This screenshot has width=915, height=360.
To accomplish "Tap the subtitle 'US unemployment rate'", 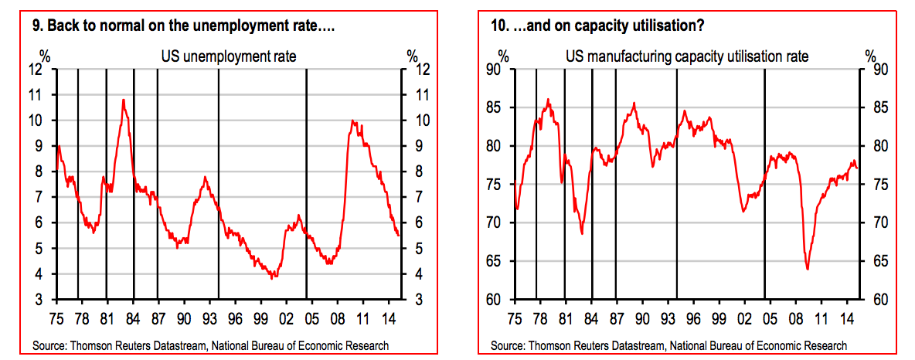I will pos(228,56).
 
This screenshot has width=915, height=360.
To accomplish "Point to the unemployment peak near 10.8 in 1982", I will pos(123,100).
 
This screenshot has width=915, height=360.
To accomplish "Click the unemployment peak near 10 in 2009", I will pos(352,121).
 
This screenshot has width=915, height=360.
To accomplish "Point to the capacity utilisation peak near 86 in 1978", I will pos(548,99).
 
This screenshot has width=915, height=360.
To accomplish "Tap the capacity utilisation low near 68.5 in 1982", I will pos(581,233).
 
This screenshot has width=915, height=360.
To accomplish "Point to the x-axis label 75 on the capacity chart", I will pos(514,317).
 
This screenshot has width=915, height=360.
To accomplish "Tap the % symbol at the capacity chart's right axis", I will pos(870,56).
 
